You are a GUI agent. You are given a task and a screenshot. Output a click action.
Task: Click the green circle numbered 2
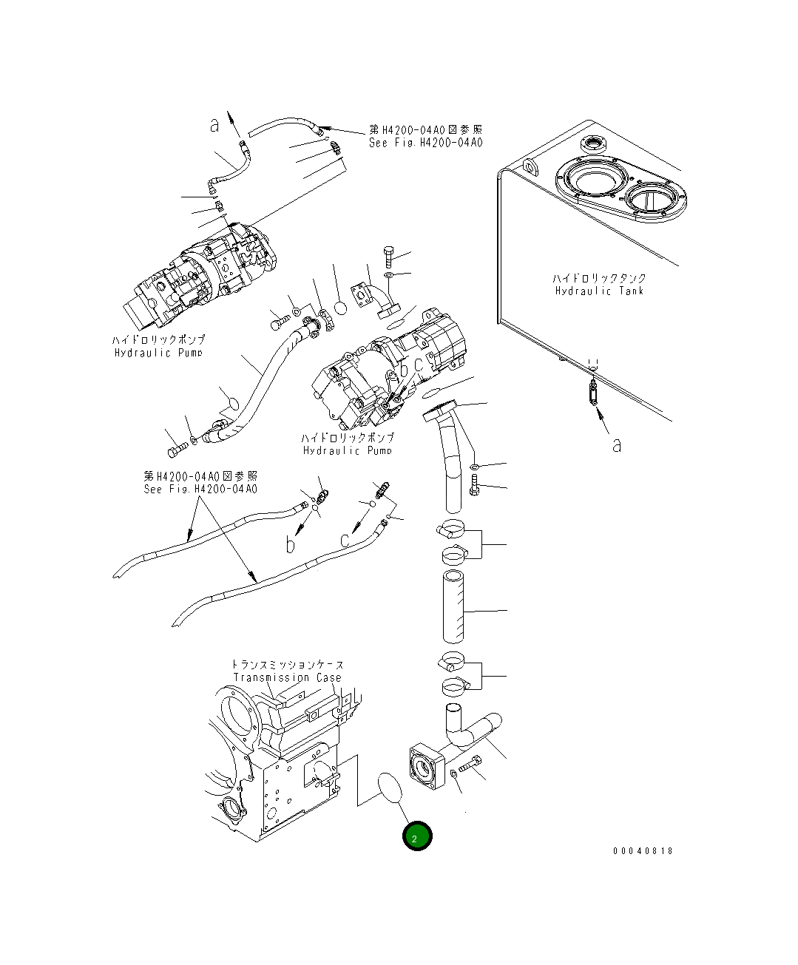point(416,836)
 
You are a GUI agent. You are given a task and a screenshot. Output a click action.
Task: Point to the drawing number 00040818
point(643,851)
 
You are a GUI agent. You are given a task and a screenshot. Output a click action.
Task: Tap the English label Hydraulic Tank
point(599,291)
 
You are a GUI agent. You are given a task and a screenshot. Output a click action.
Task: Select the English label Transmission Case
point(288,677)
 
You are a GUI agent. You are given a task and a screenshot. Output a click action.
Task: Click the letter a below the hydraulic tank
point(616,444)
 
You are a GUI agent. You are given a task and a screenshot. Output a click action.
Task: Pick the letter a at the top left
point(214,126)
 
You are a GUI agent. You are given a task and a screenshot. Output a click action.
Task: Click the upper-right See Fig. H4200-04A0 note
point(425,143)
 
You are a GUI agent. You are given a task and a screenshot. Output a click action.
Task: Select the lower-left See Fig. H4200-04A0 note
point(200,489)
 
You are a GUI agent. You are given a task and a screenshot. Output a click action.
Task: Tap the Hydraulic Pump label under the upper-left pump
point(158,353)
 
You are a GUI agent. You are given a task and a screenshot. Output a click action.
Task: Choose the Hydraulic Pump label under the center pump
point(347,450)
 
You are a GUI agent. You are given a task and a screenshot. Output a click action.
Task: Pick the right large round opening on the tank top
point(653,199)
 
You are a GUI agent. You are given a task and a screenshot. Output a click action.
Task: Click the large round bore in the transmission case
point(238,712)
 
